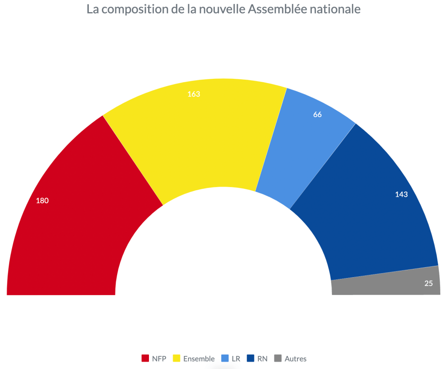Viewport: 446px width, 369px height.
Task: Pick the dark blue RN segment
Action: click(370, 218)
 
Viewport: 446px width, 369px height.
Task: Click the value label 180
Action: click(42, 201)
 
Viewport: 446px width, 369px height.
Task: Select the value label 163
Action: click(194, 94)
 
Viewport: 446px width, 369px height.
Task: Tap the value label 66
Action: click(318, 115)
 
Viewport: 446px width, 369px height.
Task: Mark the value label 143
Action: click(401, 195)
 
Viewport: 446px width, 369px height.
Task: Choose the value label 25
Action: click(429, 283)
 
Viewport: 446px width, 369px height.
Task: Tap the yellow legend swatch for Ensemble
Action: click(176, 359)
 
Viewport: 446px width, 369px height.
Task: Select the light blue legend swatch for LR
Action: click(225, 359)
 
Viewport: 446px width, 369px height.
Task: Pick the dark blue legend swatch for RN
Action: click(250, 359)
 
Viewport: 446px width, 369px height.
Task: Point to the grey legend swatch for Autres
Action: click(277, 359)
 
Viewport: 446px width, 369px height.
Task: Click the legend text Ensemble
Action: click(199, 359)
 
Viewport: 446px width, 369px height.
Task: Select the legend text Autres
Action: click(296, 359)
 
